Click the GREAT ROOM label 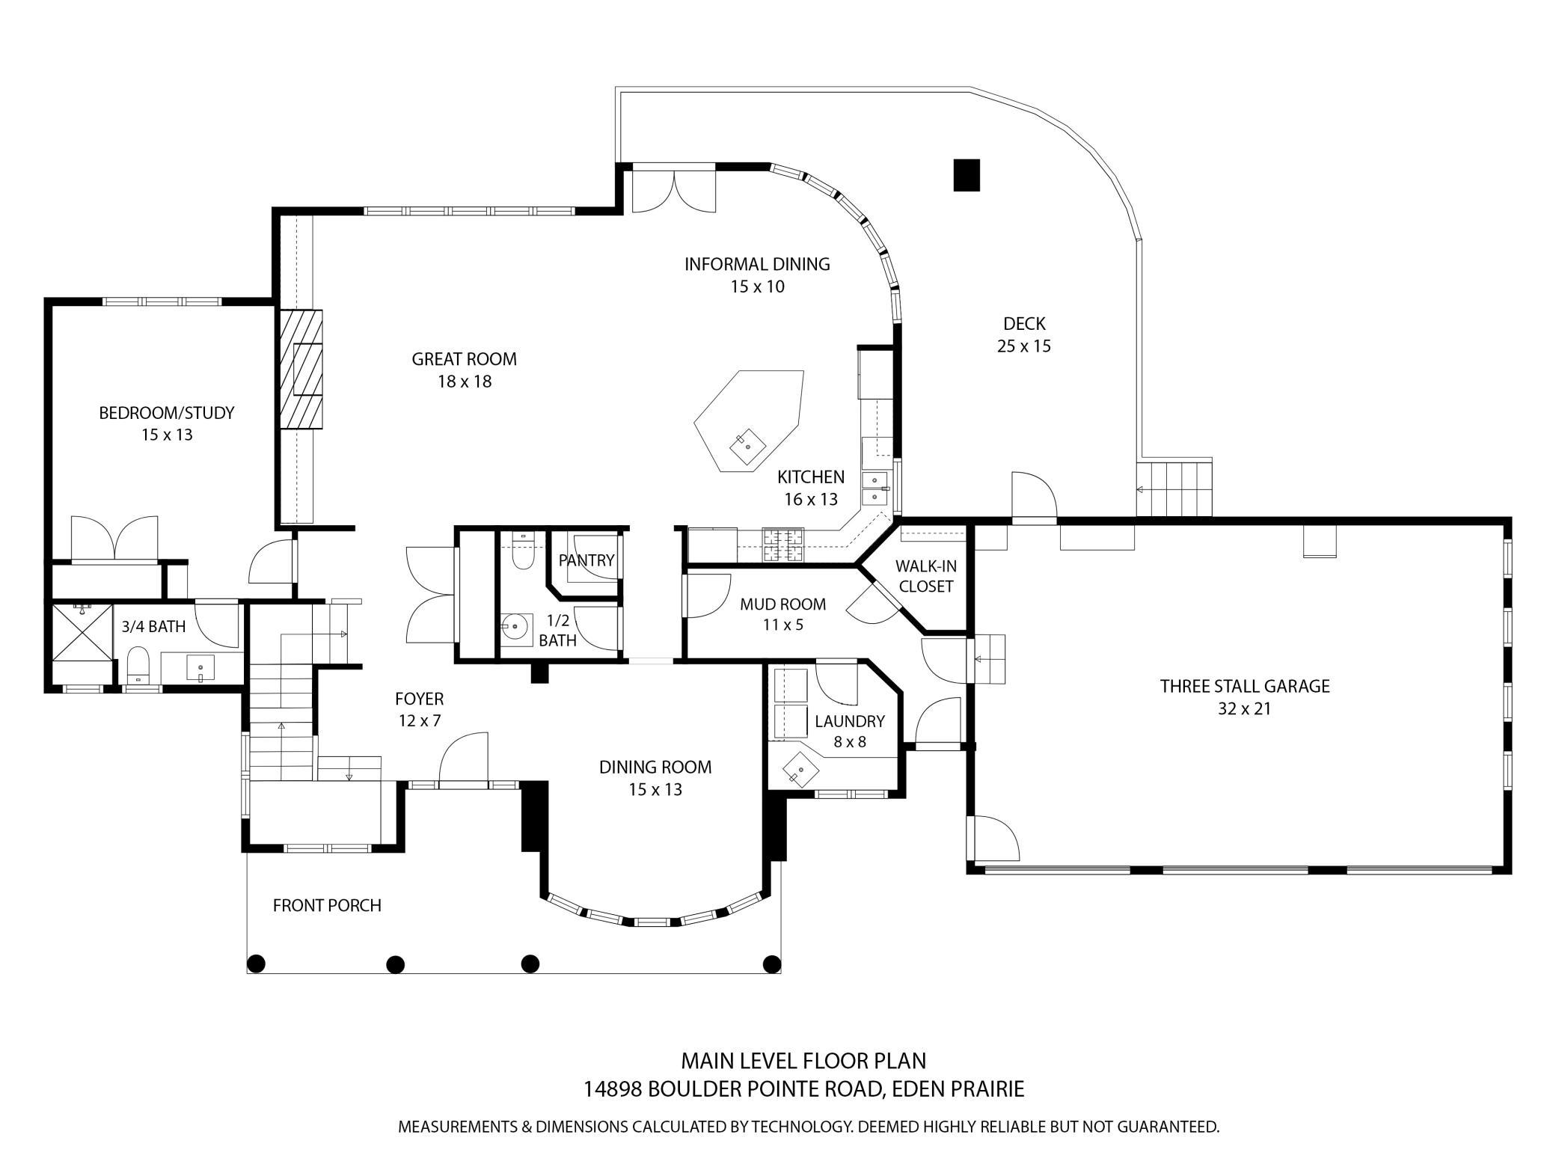pyautogui.click(x=464, y=359)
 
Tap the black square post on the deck pyautogui.click(x=967, y=176)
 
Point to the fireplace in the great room pyautogui.click(x=302, y=369)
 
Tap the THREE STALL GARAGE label pyautogui.click(x=1245, y=686)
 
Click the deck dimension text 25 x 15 pyautogui.click(x=1024, y=346)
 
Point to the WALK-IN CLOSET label pyautogui.click(x=926, y=576)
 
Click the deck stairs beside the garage pyautogui.click(x=1174, y=487)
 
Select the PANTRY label pyautogui.click(x=586, y=560)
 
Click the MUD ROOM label pyautogui.click(x=783, y=604)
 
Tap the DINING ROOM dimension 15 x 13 pyautogui.click(x=655, y=790)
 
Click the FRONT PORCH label pyautogui.click(x=327, y=906)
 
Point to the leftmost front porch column pyautogui.click(x=256, y=963)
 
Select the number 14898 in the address pyautogui.click(x=613, y=1089)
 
